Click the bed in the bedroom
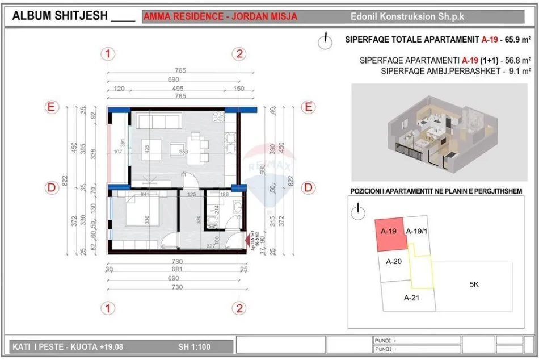click(x=136, y=213)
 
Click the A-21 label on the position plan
click(x=411, y=298)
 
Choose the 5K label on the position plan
click(x=474, y=285)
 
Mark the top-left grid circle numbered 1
click(x=108, y=54)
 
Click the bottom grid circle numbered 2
click(x=240, y=308)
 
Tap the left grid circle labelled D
click(x=52, y=187)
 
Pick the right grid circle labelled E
click(x=309, y=107)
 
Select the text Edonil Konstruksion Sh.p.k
click(x=407, y=16)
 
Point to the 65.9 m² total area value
click(x=515, y=40)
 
